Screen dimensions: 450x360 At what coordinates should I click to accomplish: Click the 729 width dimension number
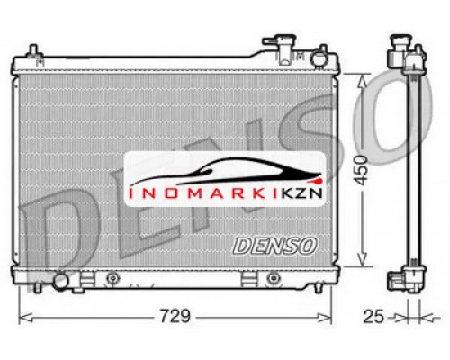click(175, 316)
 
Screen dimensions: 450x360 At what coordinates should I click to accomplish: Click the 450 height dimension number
click(361, 170)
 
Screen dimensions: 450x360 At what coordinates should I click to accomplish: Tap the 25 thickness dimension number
click(373, 317)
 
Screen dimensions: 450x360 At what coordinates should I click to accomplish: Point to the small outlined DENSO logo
click(274, 246)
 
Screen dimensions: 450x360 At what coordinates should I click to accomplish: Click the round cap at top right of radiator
click(319, 58)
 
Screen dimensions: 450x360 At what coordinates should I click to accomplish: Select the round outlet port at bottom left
click(61, 281)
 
